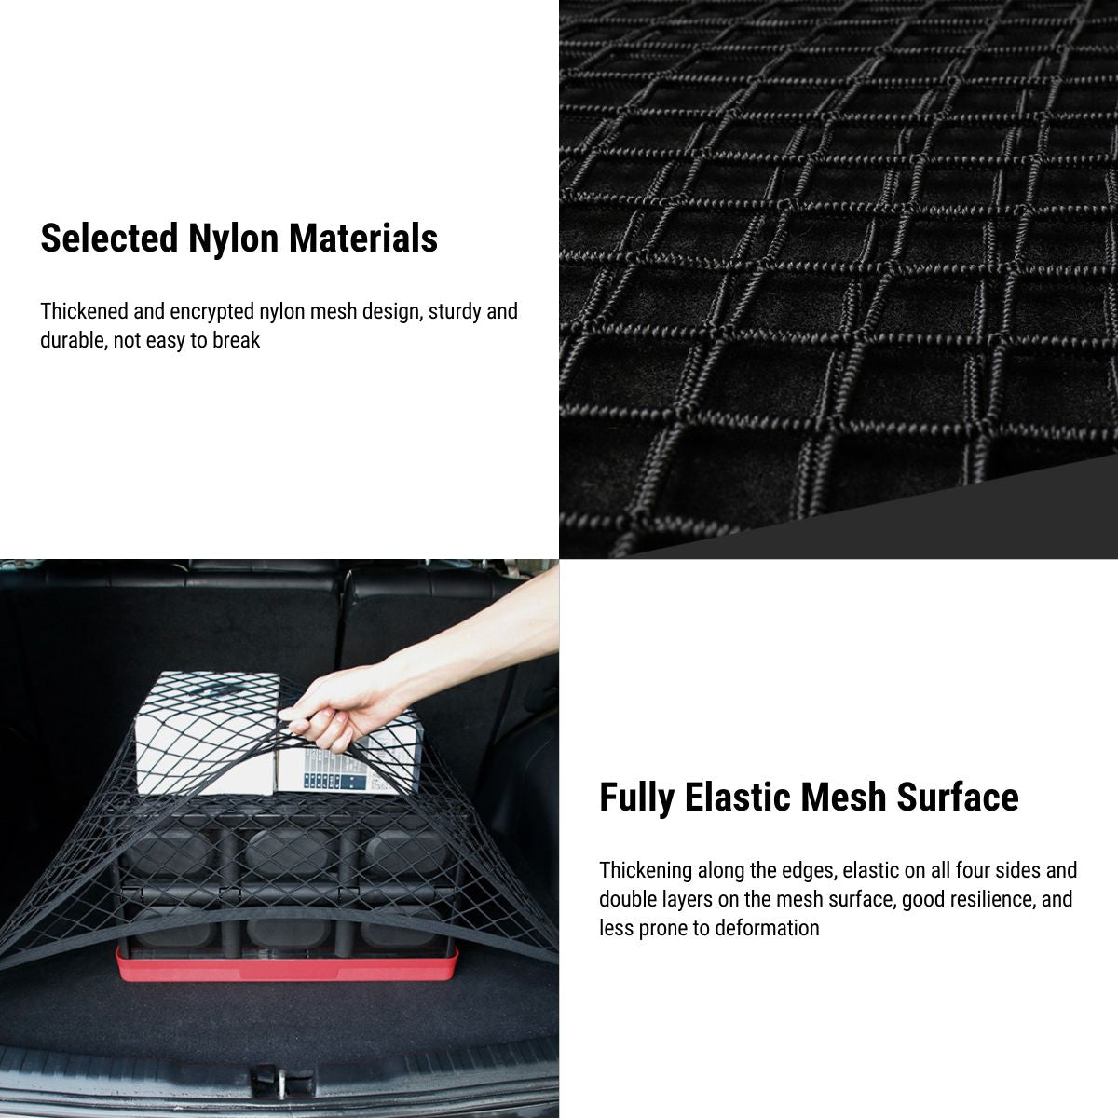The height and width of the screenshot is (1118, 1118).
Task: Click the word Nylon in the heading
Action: click(x=234, y=239)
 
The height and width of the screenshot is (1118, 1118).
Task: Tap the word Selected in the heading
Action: click(x=109, y=238)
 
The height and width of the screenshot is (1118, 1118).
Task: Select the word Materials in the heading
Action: click(x=363, y=238)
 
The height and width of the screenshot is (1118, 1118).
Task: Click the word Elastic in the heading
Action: click(x=737, y=797)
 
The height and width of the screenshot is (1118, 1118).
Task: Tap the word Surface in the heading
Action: click(x=958, y=797)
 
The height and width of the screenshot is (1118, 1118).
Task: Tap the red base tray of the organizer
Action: click(x=287, y=963)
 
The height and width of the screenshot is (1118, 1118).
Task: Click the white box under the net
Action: click(x=206, y=734)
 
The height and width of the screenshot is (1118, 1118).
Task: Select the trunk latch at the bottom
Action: click(x=283, y=1081)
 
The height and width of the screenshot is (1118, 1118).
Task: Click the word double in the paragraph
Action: click(x=627, y=899)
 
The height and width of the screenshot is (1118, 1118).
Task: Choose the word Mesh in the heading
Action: click(x=843, y=797)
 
